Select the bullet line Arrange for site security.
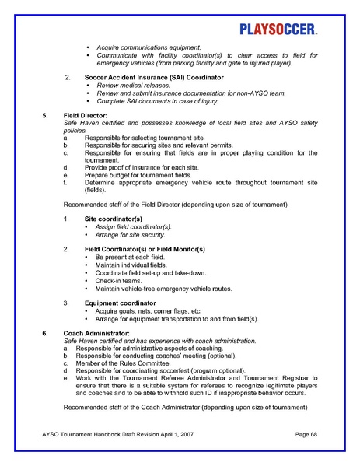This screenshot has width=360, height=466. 132,234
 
